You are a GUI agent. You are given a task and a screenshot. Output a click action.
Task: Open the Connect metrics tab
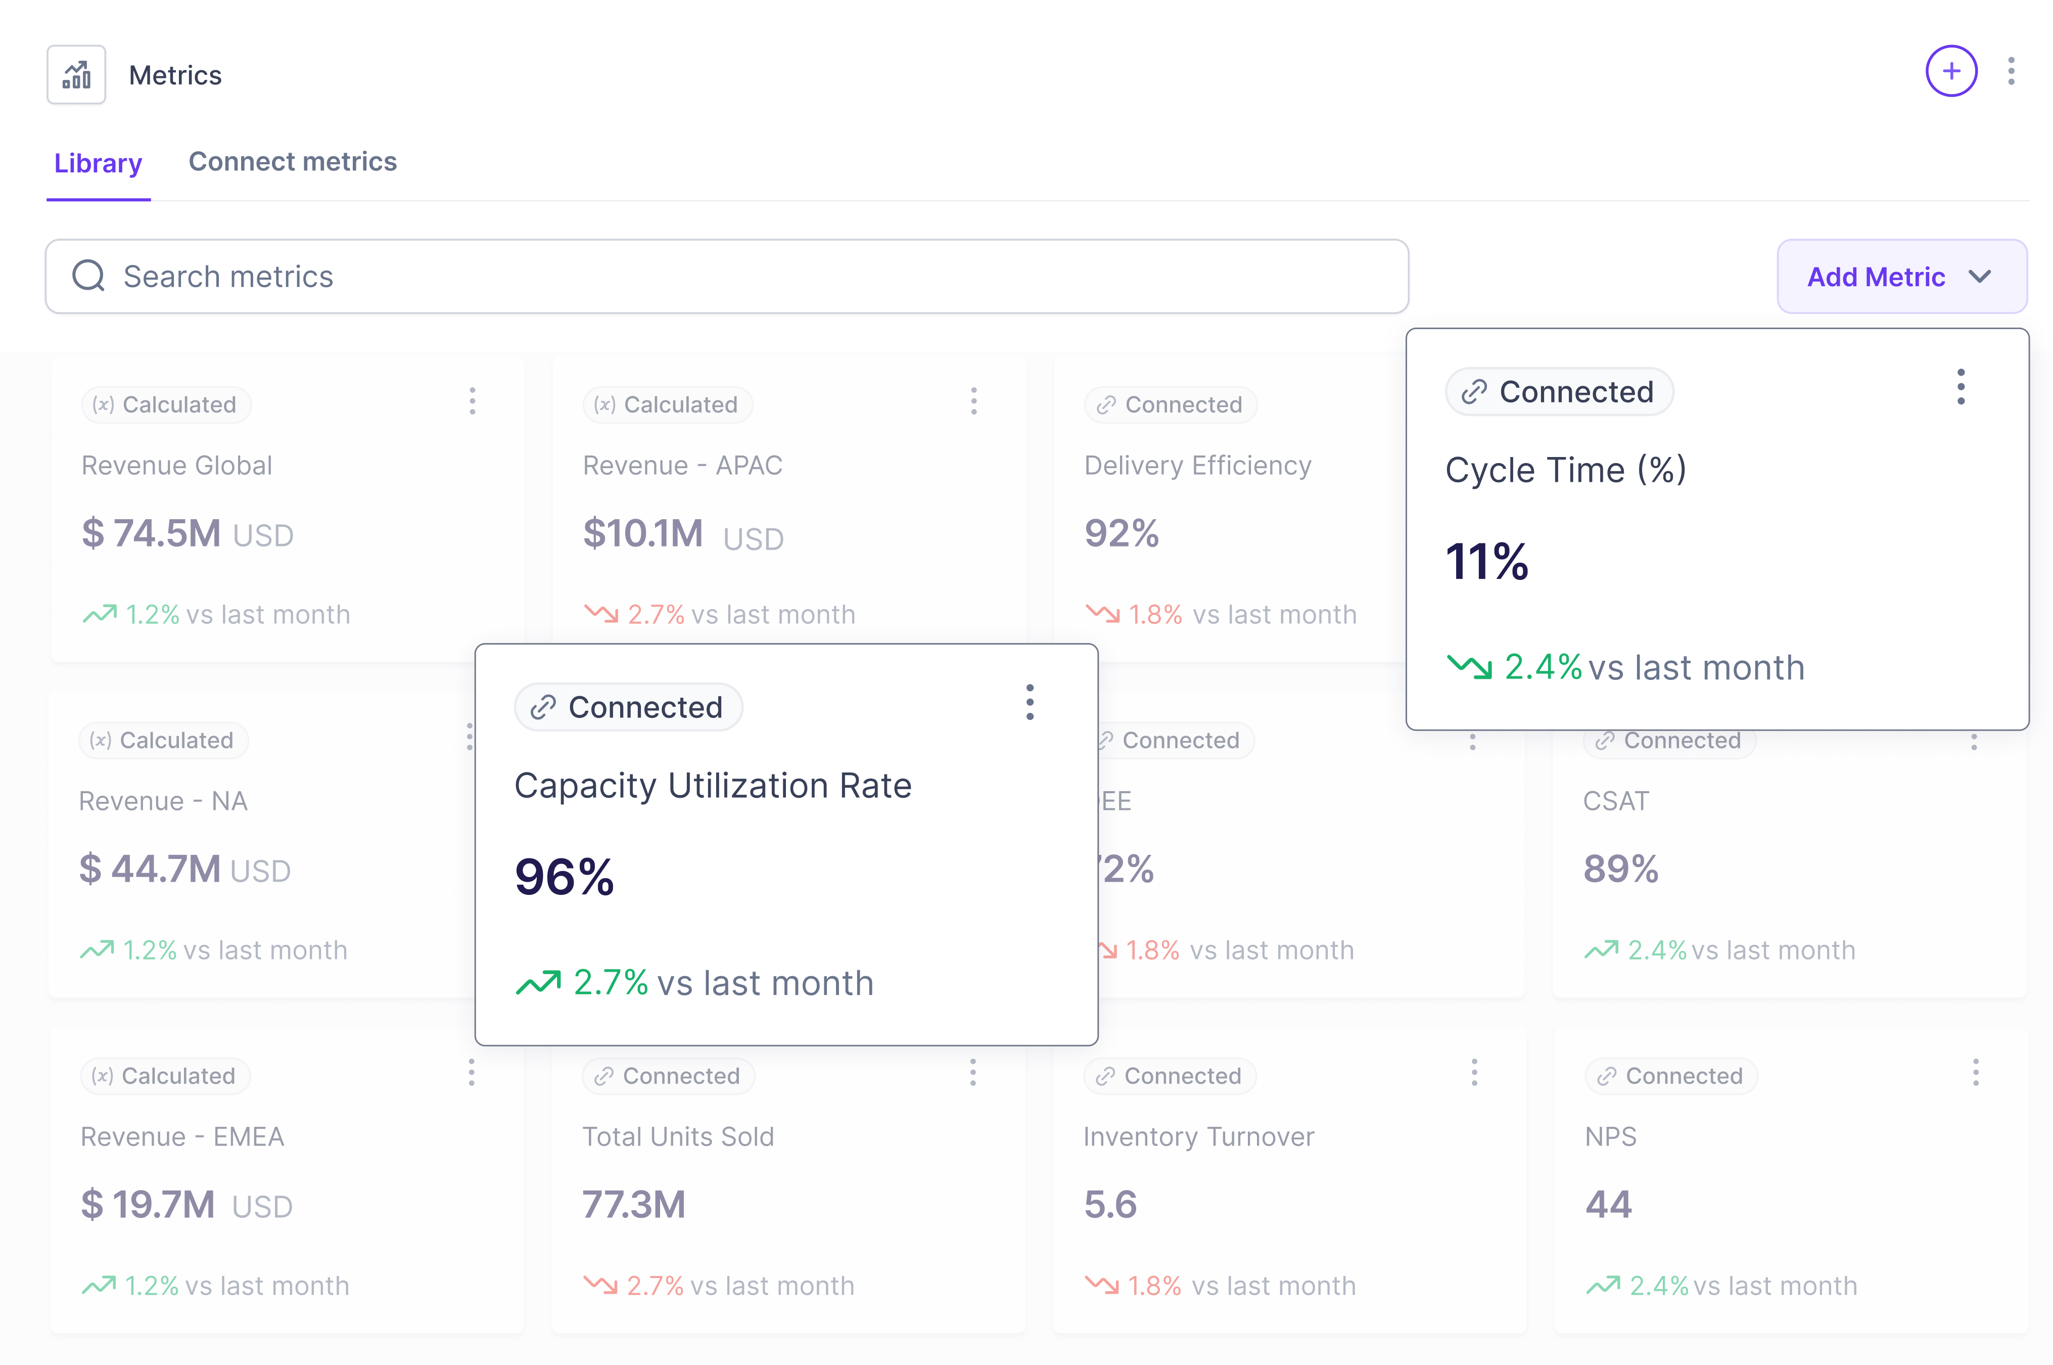pos(293,161)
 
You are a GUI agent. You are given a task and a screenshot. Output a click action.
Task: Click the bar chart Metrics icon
pos(77,75)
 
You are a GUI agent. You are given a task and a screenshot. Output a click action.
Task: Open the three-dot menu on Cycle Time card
pos(1960,387)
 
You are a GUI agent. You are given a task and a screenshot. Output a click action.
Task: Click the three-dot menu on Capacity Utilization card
pos(1030,702)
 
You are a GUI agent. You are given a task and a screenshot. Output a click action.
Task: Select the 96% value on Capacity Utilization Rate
pos(564,877)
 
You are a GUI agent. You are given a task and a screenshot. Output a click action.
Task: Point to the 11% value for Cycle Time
pos(1486,562)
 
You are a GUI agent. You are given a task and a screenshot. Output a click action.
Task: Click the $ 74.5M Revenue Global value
pos(152,534)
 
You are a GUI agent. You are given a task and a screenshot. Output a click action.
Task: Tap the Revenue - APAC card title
pos(682,466)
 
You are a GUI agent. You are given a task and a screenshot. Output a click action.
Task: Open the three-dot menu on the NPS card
pos(1976,1072)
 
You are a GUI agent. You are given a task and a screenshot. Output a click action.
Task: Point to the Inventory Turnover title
pos(1198,1137)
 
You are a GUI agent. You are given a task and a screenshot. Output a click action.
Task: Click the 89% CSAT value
pos(1620,869)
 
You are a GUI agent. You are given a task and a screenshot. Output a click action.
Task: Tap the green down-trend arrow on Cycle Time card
pos(1469,668)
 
